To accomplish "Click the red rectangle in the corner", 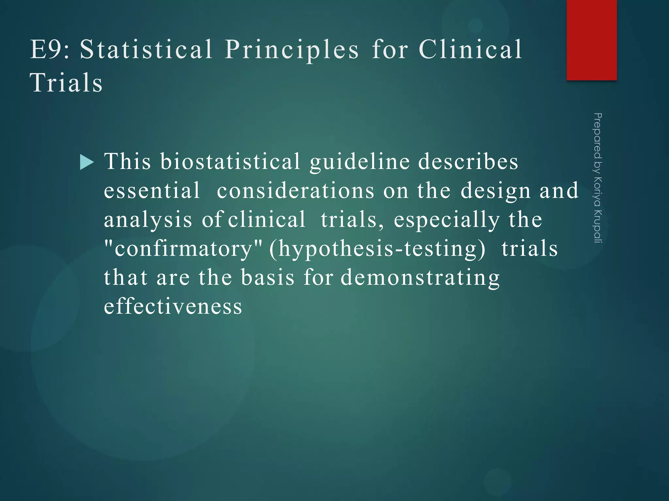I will [x=592, y=40].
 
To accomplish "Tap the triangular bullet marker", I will [x=87, y=162].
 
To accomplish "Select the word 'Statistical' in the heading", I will [x=146, y=50].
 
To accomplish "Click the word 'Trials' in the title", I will [x=66, y=83].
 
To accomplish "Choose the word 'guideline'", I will [x=360, y=162].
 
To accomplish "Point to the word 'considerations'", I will [x=296, y=190].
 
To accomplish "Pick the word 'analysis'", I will [x=148, y=220].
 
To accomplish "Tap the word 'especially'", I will [x=447, y=220].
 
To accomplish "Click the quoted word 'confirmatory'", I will [x=183, y=249].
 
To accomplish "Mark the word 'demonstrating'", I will [x=420, y=278].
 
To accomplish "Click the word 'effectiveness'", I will [x=173, y=307].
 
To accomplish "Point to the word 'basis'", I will [x=268, y=278].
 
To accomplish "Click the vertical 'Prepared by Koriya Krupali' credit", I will [x=597, y=178].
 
